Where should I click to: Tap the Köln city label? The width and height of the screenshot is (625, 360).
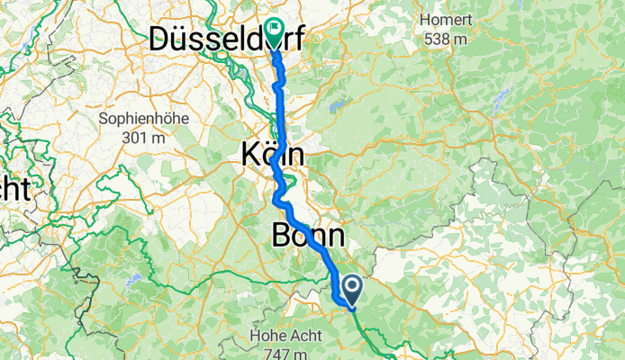pyautogui.click(x=272, y=155)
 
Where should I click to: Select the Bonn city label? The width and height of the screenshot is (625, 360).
pyautogui.click(x=306, y=236)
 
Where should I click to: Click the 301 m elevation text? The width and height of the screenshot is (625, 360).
pyautogui.click(x=140, y=138)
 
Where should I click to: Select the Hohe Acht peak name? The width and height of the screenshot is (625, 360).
pyautogui.click(x=280, y=336)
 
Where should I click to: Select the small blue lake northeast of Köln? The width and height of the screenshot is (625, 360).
pyautogui.click(x=337, y=105)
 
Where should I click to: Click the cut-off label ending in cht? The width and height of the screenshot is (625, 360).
pyautogui.click(x=14, y=189)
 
